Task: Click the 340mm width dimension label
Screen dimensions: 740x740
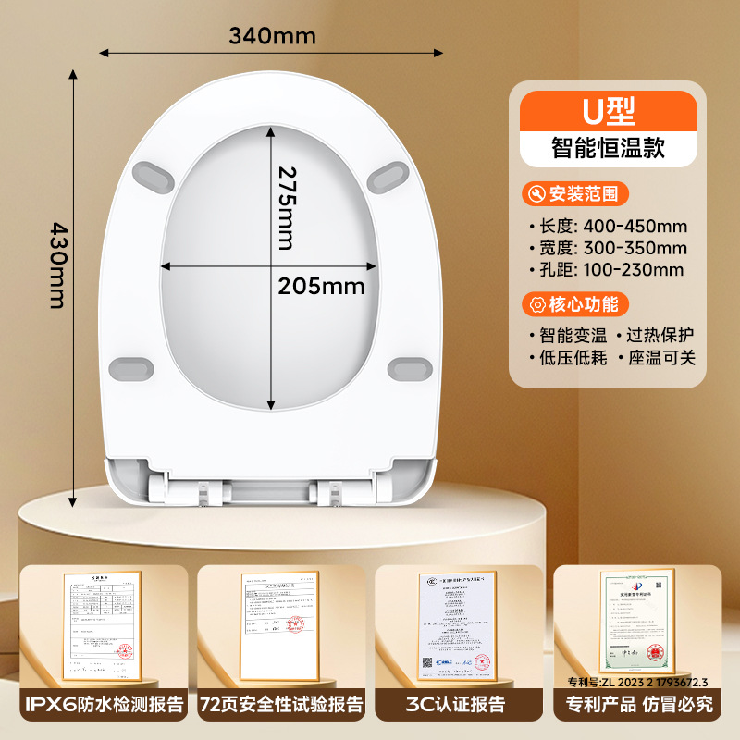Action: click(x=273, y=37)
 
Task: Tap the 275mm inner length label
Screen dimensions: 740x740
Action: click(x=288, y=207)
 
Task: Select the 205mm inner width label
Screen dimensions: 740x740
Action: click(x=321, y=286)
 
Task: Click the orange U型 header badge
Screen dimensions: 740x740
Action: click(x=608, y=111)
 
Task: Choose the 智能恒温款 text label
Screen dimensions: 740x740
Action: click(x=608, y=149)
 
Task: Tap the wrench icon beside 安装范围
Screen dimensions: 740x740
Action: click(x=535, y=194)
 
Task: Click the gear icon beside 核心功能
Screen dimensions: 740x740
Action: click(x=535, y=303)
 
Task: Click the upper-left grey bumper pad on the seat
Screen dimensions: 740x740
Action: click(x=154, y=172)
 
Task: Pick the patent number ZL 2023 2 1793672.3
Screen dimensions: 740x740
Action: click(x=637, y=682)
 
